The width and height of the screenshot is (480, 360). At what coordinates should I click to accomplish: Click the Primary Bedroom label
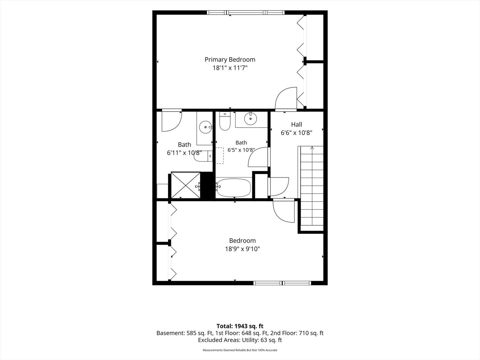(230, 60)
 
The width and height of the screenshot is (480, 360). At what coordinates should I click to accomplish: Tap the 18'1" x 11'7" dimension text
(230, 68)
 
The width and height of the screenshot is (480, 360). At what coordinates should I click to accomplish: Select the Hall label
(297, 124)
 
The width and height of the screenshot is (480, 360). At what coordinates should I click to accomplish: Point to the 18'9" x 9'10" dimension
(242, 249)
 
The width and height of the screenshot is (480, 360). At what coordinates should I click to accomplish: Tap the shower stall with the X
(185, 185)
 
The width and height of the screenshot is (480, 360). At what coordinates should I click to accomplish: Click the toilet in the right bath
(225, 121)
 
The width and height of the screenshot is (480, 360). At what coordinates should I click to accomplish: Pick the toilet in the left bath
(203, 156)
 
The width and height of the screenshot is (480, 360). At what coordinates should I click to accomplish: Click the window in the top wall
(246, 12)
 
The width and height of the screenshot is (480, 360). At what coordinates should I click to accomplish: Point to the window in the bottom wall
(282, 283)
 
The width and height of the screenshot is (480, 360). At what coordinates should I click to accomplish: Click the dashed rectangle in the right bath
(220, 156)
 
